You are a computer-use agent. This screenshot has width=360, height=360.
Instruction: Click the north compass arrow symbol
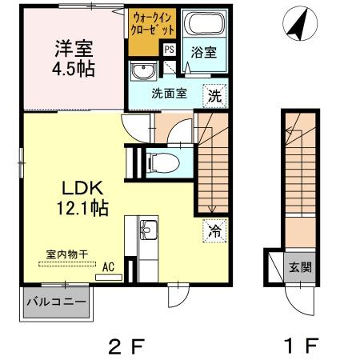point(299,25)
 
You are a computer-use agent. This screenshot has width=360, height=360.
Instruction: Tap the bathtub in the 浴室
point(206,23)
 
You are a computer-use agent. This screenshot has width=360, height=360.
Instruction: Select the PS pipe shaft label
point(169,50)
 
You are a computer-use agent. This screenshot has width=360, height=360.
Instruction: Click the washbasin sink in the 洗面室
point(143,71)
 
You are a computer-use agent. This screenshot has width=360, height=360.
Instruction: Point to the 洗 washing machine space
point(214,95)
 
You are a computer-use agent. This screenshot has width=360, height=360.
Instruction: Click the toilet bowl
point(163,162)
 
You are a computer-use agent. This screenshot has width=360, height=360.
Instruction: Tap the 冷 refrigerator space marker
point(214,231)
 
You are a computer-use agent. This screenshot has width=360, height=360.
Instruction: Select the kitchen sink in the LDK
point(149,230)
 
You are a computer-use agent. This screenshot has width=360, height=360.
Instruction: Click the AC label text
point(109,267)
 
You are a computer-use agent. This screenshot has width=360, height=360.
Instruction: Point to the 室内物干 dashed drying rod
point(67,264)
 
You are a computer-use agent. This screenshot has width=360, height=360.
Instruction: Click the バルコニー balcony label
point(57,302)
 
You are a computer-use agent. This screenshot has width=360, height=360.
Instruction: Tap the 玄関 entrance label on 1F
point(301,267)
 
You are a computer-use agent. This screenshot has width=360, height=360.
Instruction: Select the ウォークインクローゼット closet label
point(152,24)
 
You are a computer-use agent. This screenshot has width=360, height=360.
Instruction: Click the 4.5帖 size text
point(74,69)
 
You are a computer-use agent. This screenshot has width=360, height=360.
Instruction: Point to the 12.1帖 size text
point(82,208)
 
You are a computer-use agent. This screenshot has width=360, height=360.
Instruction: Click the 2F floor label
point(126,346)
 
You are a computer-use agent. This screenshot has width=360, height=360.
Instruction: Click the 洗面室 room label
point(169,94)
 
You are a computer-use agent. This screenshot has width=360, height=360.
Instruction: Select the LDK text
point(82,188)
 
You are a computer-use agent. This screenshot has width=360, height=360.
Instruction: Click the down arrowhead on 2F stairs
point(212,210)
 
